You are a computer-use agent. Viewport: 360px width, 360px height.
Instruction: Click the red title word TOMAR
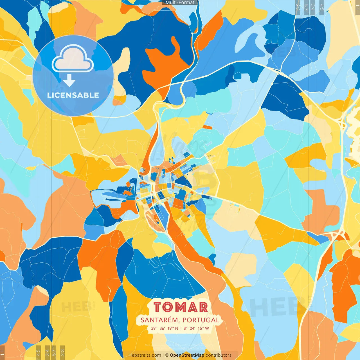coord(181,307)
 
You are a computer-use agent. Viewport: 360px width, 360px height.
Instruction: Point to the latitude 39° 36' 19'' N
coord(165,328)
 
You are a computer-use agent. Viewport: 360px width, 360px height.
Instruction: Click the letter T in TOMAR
coord(158,307)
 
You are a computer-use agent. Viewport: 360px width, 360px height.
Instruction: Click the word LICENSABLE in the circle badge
coord(73,95)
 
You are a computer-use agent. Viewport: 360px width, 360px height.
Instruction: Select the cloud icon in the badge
coord(73,59)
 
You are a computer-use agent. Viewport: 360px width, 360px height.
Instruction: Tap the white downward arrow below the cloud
coord(69,81)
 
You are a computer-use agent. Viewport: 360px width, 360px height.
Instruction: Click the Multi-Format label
coord(180,3)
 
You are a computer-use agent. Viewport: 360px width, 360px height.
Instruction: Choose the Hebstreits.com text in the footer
coord(145,355)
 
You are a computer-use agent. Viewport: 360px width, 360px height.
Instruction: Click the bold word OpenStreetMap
coord(187,355)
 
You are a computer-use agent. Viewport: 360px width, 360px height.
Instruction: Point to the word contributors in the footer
coord(219,355)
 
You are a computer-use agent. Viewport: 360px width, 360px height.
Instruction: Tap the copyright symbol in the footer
coord(166,355)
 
